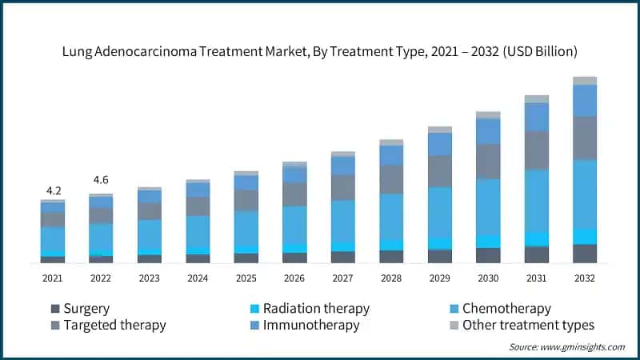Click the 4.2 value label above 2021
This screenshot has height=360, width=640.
coord(53,190)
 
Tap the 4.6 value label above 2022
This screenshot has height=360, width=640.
coord(101,180)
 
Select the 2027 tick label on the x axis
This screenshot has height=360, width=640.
coord(342,277)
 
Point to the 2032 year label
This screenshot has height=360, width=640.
coord(585,277)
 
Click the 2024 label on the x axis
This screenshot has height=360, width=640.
coord(198,277)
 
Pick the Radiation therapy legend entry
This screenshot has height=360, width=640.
coord(309,308)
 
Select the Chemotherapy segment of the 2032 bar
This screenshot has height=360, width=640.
coord(585,194)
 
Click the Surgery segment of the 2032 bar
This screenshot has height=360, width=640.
coord(585,254)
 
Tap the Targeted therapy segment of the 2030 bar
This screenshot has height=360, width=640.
coord(488,162)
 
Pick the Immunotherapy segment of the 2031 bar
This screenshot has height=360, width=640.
coord(537,117)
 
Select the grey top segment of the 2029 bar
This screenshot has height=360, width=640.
coord(440,130)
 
